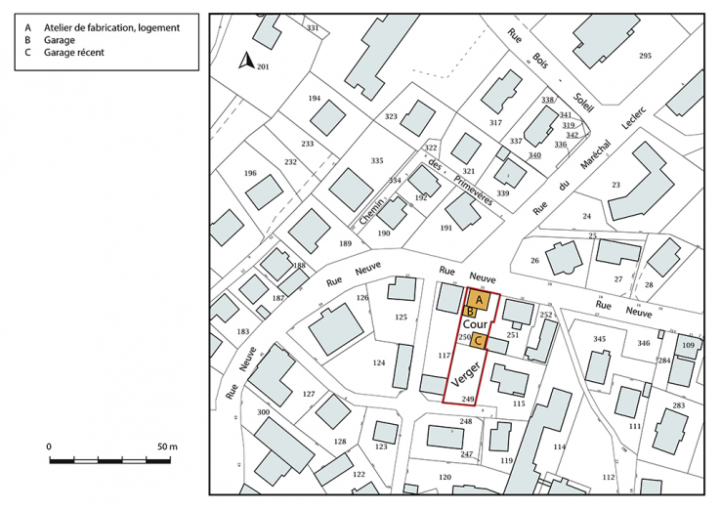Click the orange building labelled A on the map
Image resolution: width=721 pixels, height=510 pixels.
tap(479, 300)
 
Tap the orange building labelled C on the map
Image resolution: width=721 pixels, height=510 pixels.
tap(479, 341)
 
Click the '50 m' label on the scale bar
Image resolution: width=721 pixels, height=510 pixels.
tap(167, 446)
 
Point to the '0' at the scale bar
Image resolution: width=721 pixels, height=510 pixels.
tap(50, 446)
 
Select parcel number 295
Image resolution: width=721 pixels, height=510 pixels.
tap(645, 57)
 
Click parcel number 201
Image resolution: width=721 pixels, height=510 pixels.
tap(262, 65)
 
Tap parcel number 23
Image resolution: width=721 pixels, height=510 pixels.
tap(616, 185)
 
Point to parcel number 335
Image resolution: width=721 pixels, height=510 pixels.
tap(377, 160)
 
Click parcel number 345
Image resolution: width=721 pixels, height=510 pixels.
tap(600, 339)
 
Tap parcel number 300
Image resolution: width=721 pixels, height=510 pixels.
tap(263, 413)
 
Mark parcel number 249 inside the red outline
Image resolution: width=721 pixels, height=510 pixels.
tap(468, 399)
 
